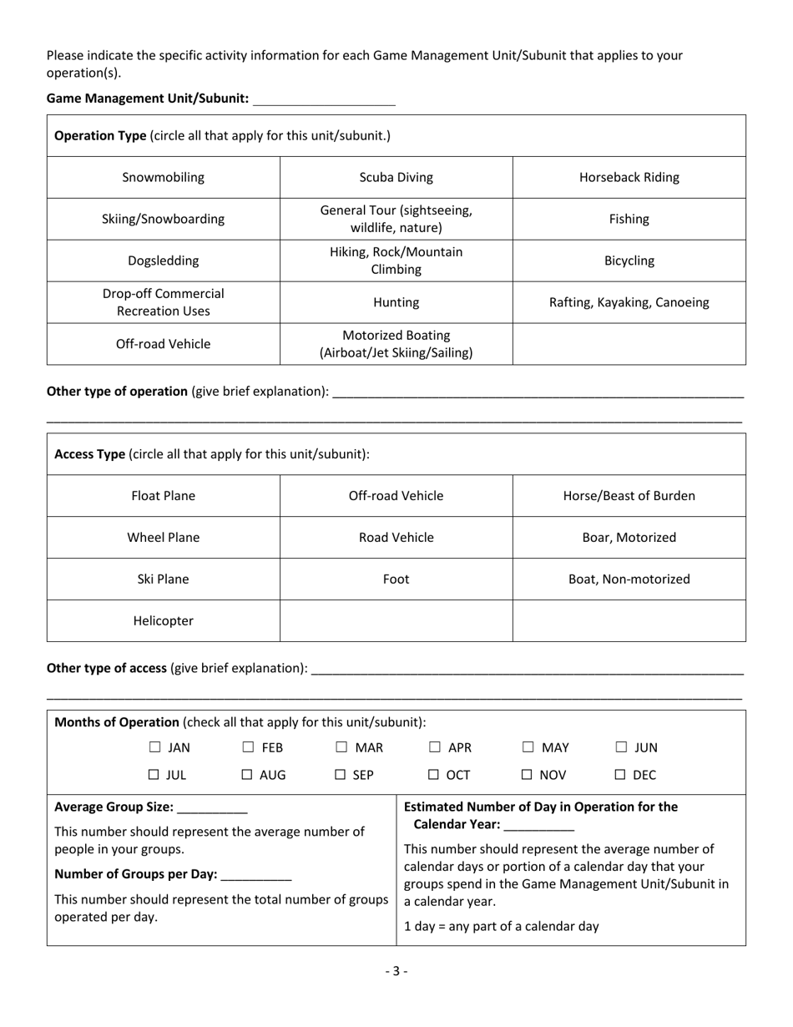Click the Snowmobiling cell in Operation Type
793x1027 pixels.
(163, 177)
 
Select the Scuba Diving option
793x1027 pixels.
(396, 177)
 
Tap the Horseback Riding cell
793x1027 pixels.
(629, 177)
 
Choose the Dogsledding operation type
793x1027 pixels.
(163, 261)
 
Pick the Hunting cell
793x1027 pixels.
(396, 302)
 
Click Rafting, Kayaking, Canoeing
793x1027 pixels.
(629, 302)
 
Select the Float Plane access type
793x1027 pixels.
(163, 496)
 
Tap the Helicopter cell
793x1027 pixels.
(163, 621)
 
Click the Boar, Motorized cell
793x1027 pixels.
(629, 538)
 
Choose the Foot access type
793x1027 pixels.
(396, 579)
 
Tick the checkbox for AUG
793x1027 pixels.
(248, 776)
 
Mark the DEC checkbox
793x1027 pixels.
(621, 776)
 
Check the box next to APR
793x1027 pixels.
(435, 748)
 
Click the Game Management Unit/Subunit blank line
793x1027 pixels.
(323, 99)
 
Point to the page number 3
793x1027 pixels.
(396, 971)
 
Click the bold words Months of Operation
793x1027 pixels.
(117, 722)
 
